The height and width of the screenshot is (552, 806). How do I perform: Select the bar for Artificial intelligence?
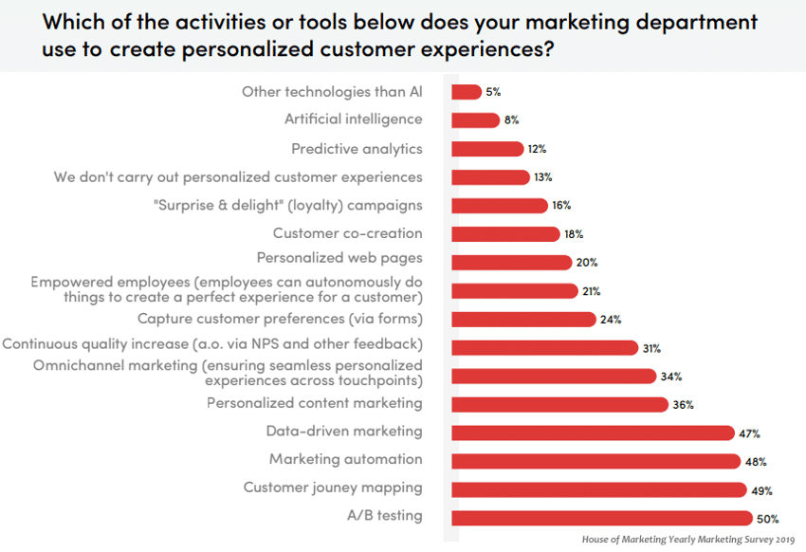tap(475, 120)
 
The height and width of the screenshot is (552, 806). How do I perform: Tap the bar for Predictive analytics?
tap(487, 149)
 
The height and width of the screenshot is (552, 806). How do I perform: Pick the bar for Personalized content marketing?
tap(559, 404)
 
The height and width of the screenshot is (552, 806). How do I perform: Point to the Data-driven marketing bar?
tap(593, 432)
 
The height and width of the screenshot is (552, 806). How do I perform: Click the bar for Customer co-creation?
tap(505, 234)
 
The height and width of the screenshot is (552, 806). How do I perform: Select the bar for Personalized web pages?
tap(511, 263)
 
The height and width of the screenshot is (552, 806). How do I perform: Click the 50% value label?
tap(767, 519)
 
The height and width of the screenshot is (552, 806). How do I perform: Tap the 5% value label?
tap(493, 92)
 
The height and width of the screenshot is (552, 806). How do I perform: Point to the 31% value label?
tap(651, 348)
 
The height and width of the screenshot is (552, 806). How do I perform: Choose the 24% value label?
tap(611, 320)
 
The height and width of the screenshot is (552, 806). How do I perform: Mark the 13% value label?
tap(542, 177)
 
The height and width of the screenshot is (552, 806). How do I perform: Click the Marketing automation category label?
tap(345, 459)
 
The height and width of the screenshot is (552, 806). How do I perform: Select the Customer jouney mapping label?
tap(333, 488)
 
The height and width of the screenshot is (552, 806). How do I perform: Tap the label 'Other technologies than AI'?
tap(332, 91)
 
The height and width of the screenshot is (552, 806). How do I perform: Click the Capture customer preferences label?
tap(280, 319)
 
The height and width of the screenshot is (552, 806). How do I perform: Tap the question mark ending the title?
tap(547, 48)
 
